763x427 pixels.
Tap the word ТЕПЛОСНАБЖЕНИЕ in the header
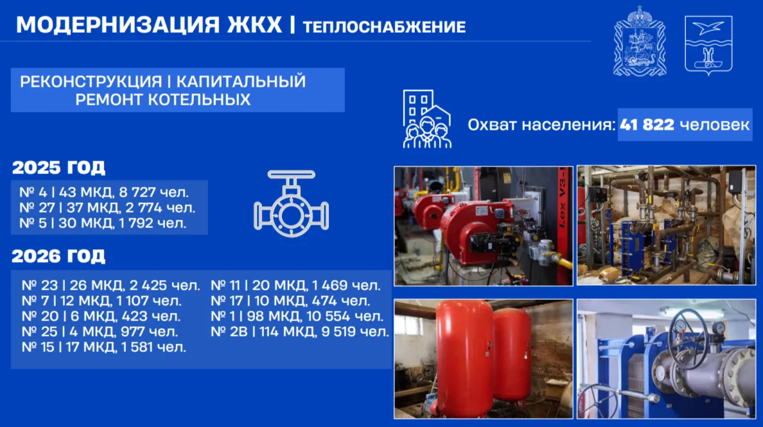coord(384,27)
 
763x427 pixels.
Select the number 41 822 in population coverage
coord(647,125)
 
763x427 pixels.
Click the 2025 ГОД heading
coord(58,168)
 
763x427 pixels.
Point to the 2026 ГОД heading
coord(58,256)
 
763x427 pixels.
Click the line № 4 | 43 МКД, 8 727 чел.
coord(103,192)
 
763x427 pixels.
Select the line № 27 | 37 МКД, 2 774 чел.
coord(107,207)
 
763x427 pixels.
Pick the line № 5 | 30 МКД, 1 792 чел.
coord(103,223)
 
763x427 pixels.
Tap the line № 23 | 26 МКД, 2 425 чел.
coord(111,286)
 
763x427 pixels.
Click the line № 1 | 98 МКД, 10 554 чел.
coord(297,317)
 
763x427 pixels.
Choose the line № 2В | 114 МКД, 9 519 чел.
coord(300,332)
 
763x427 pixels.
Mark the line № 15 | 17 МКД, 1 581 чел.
coord(103,348)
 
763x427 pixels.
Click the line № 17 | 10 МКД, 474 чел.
coord(290,301)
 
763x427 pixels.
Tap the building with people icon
coord(426,119)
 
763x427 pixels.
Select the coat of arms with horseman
coord(640,41)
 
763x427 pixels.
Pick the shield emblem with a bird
coord(708,45)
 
